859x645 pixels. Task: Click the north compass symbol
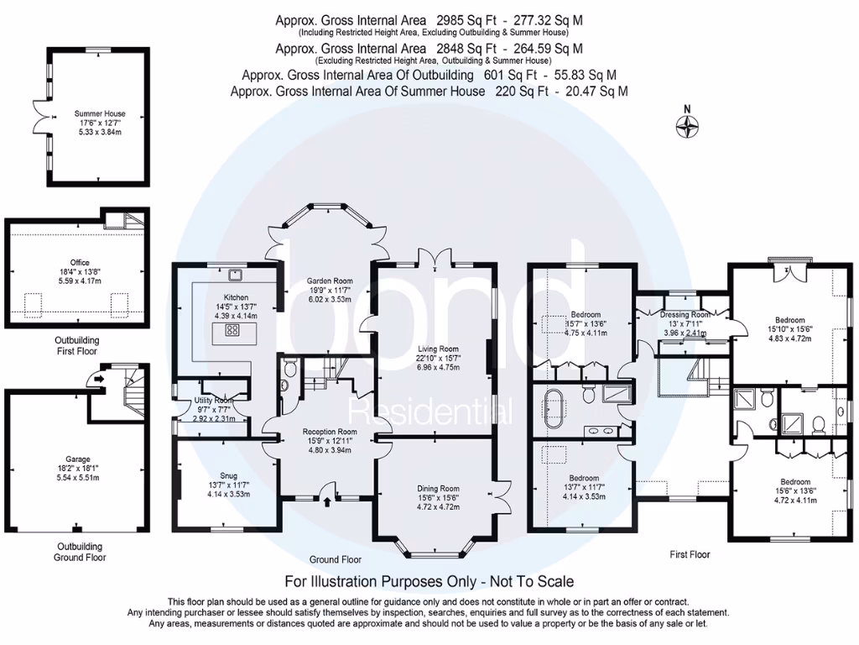tap(688, 126)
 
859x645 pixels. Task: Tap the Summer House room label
tap(100, 113)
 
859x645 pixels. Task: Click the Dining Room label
tap(439, 488)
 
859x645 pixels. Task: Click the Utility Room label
tap(211, 401)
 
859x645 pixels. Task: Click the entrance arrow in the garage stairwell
tap(99, 379)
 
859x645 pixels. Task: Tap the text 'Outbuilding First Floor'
tap(77, 345)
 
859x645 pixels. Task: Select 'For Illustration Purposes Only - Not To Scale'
tap(429, 581)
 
